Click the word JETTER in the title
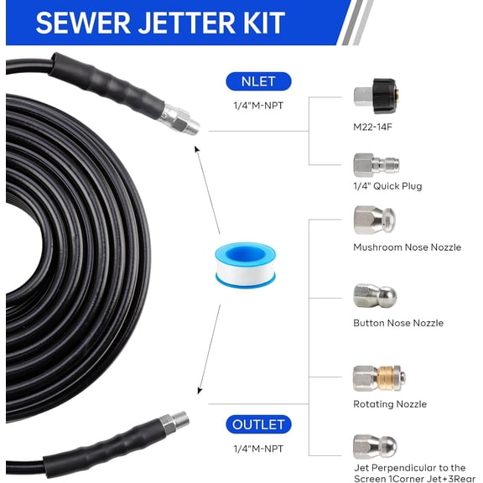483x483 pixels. coord(185,23)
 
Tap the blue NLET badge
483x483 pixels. coord(257,81)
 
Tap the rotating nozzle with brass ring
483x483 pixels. coord(376,377)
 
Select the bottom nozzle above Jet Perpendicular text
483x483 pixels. coord(374,445)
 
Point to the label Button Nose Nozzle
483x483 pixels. coord(398,323)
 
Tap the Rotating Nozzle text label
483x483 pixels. coord(390,404)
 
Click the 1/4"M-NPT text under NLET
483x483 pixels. coord(257,106)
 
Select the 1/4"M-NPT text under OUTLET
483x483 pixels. coord(257,449)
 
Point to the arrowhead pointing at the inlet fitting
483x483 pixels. coord(197,149)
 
